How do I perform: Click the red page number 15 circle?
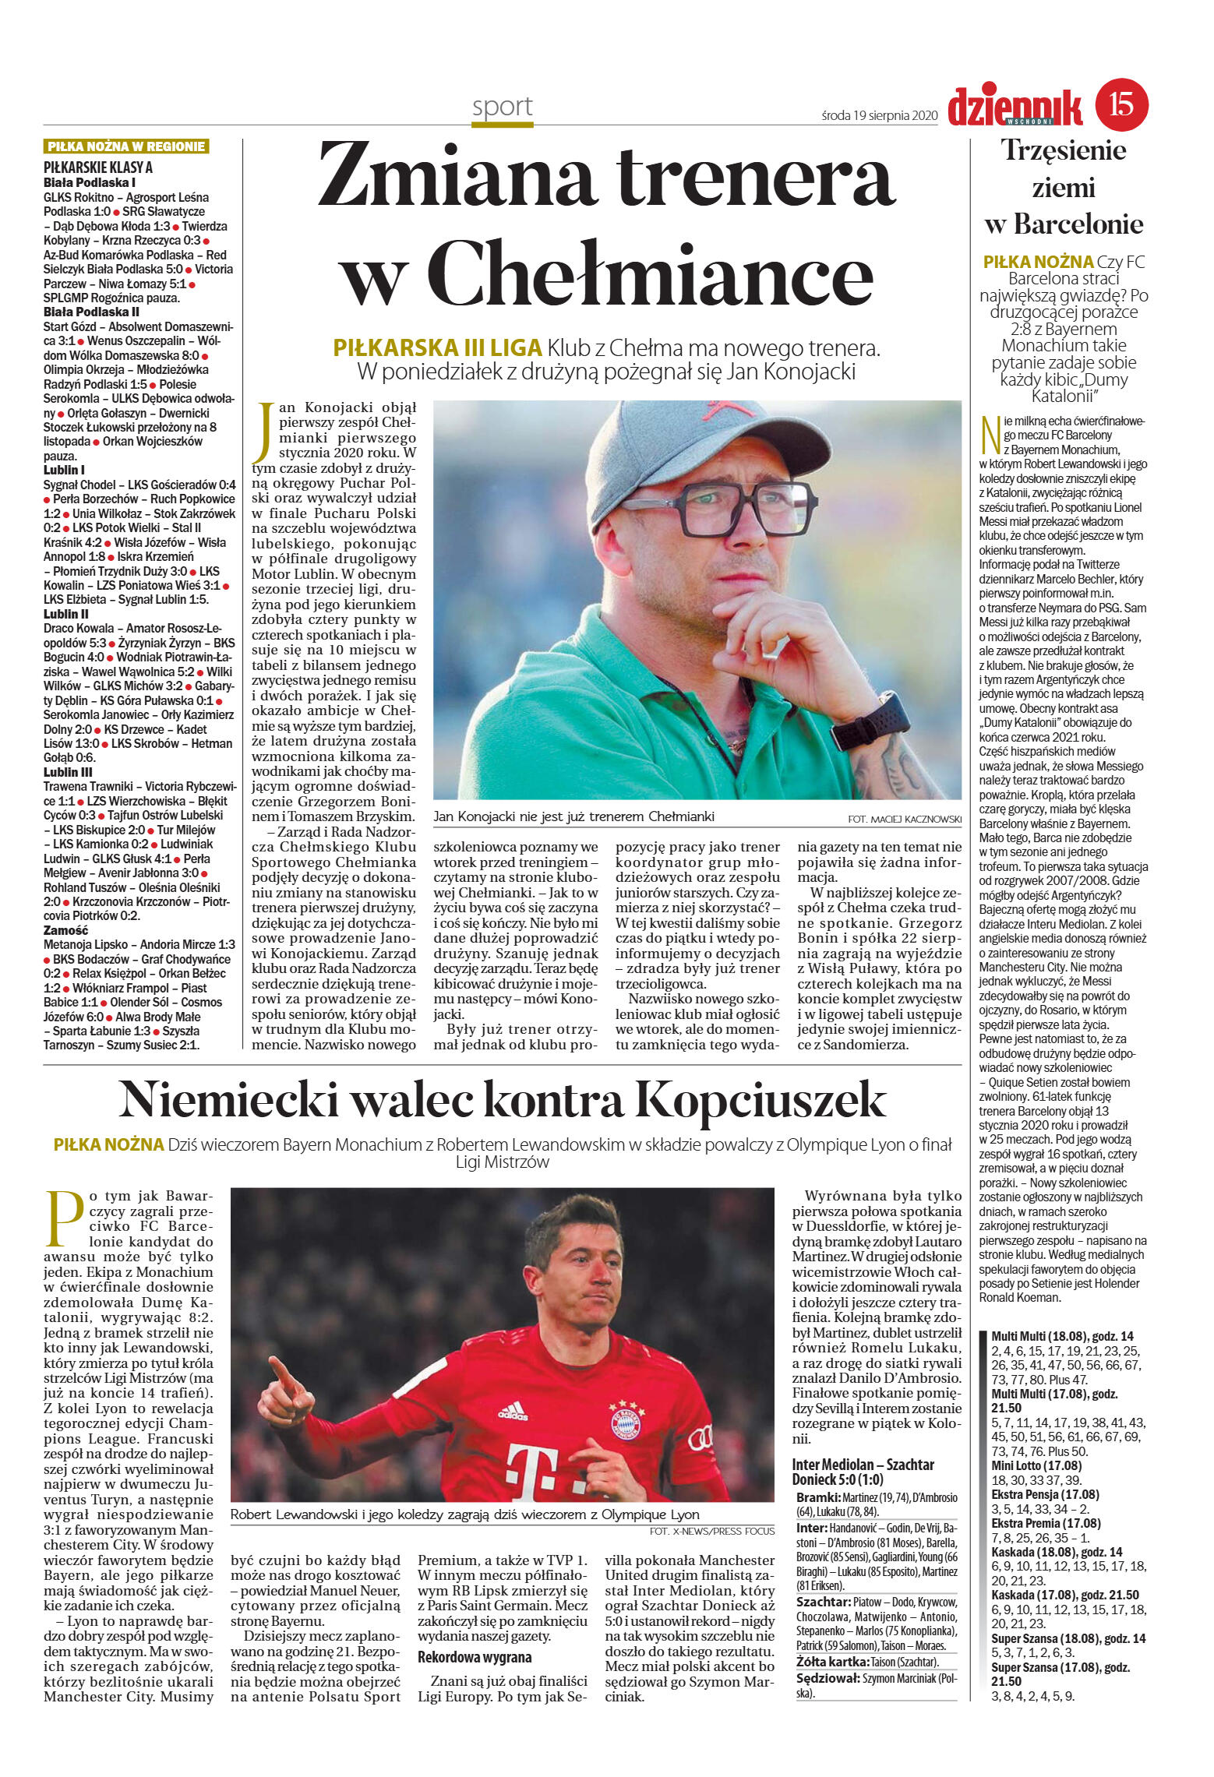coord(1121,104)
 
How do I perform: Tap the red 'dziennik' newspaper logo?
coord(1015,107)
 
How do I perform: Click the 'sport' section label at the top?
coord(503,107)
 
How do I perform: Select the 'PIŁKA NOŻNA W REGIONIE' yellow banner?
coord(126,146)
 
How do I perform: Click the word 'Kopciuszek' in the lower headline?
coord(761,1101)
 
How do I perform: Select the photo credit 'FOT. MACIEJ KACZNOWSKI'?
coord(904,819)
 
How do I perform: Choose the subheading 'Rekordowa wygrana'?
coord(475,1657)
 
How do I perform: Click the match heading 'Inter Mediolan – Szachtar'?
coord(863,1465)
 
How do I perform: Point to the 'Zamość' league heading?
coord(65,930)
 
